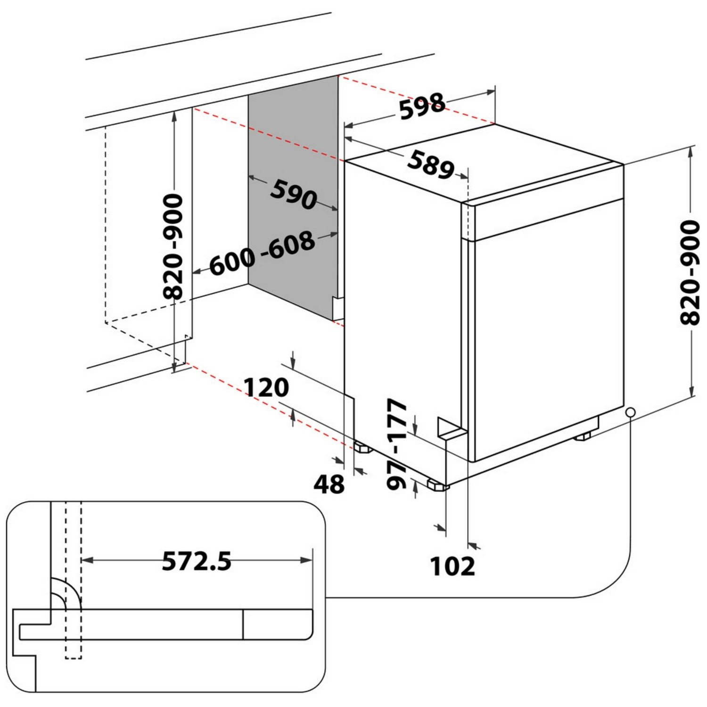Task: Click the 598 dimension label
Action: tap(422, 107)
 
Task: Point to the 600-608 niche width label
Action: tap(262, 252)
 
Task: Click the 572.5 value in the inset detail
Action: tap(197, 561)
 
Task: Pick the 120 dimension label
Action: tap(266, 387)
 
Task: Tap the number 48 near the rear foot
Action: tap(329, 484)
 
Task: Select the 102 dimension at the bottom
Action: tap(452, 566)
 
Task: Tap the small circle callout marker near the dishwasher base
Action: tap(631, 412)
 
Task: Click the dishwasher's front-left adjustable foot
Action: tap(438, 485)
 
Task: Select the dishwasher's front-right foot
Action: tap(583, 436)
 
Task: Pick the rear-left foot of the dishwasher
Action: tap(362, 447)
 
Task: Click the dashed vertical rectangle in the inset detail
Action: tap(74, 580)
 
